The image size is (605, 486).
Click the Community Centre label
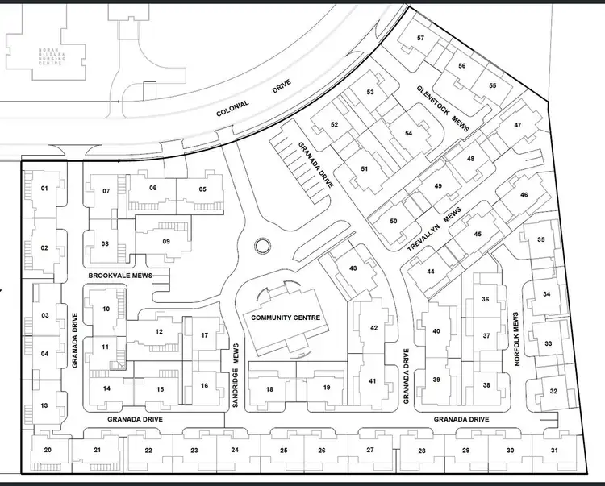[x=286, y=318]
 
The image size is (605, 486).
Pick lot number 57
[x=421, y=39]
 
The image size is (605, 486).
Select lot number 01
[x=44, y=189]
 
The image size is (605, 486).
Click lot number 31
[x=553, y=450]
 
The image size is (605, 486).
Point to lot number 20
[x=48, y=450]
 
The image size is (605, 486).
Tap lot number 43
[x=353, y=268]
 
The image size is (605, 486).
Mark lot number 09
[x=166, y=241]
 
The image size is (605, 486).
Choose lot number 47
[x=518, y=125]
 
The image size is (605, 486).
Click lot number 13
[x=44, y=405]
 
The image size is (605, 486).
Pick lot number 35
[x=541, y=240]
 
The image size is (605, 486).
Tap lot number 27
[x=370, y=450]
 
